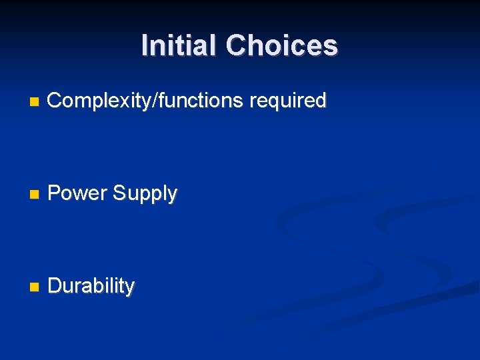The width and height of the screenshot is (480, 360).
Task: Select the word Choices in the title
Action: click(281, 45)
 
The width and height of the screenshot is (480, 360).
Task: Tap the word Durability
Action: click(91, 286)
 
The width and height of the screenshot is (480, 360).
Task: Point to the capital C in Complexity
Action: click(55, 101)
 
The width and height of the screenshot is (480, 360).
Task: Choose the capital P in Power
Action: click(55, 193)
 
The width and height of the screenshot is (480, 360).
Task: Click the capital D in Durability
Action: click(55, 286)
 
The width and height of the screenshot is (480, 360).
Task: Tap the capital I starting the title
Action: click(145, 45)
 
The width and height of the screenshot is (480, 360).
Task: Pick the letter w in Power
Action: click(81, 195)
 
